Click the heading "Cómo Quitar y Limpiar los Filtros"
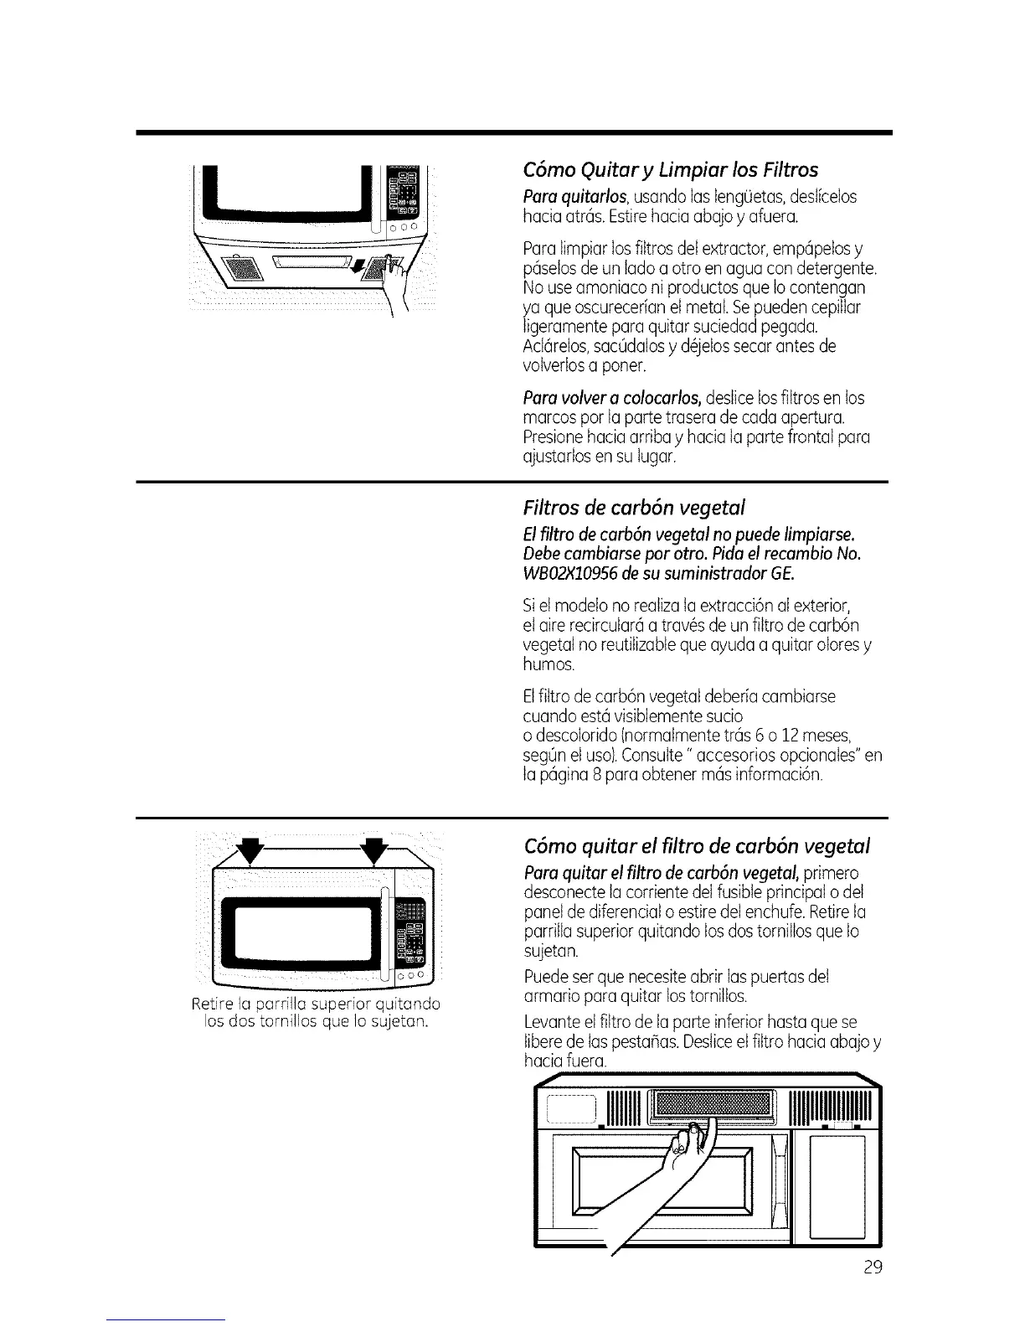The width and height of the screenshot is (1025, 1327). [x=670, y=170]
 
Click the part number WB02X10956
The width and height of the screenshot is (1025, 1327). [x=569, y=574]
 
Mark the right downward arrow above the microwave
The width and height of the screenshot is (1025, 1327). [x=374, y=852]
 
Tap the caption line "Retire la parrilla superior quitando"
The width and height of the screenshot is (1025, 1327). [x=316, y=1004]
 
